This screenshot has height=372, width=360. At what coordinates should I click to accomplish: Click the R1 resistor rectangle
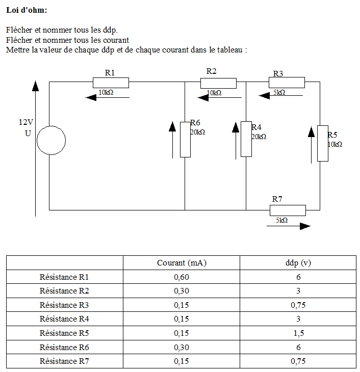coord(111,83)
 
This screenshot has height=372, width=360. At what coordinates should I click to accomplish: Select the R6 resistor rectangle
coord(185,139)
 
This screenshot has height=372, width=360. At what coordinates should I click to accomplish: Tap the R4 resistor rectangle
coord(246,139)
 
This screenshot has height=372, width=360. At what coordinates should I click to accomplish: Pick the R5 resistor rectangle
coord(322,143)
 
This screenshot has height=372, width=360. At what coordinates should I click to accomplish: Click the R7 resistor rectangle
coord(288,210)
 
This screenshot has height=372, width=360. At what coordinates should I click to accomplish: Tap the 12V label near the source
coord(26,122)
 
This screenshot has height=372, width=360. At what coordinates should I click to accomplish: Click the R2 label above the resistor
coord(211,71)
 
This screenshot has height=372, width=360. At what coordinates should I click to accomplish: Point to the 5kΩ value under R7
coord(281,220)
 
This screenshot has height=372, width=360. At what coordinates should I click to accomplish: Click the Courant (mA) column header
coord(182,263)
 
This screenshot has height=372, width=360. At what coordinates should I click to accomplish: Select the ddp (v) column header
coord(298,263)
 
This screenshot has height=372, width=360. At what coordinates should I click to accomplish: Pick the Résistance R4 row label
coord(64,319)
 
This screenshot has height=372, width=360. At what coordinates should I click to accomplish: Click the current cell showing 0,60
coord(182,277)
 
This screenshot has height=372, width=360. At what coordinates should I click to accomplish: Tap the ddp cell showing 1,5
coord(298,333)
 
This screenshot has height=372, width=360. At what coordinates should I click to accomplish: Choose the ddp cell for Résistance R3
coord(298,305)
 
